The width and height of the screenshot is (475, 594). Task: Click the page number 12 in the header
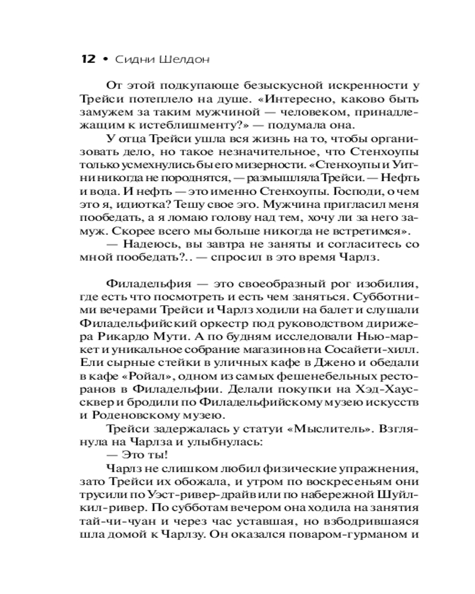[x=87, y=59]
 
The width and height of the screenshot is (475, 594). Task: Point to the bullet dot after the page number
[x=105, y=59]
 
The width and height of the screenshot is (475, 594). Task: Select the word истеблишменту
[x=173, y=124]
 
